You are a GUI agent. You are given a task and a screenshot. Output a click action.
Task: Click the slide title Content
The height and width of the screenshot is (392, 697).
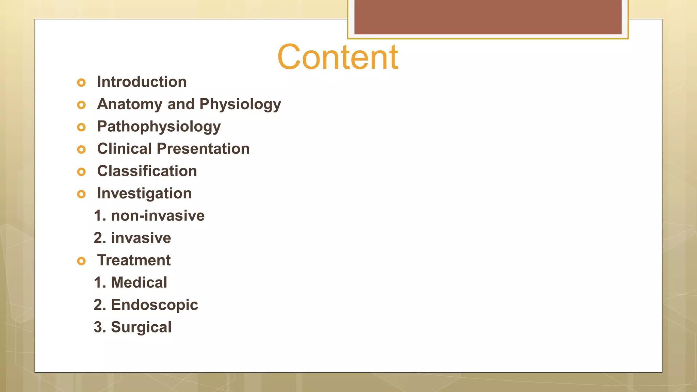(x=338, y=57)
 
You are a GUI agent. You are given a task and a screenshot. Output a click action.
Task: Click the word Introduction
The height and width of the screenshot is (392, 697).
(x=142, y=82)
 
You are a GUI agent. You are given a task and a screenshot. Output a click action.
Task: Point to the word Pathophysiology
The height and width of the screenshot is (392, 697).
(x=159, y=127)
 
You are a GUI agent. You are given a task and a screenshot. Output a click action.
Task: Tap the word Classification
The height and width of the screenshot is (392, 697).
(x=147, y=171)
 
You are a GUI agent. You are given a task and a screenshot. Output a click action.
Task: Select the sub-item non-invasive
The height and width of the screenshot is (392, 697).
(x=158, y=216)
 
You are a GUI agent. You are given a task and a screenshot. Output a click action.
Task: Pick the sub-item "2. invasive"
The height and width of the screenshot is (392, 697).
(x=132, y=238)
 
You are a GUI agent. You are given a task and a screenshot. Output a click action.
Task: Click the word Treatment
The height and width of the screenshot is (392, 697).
(x=134, y=260)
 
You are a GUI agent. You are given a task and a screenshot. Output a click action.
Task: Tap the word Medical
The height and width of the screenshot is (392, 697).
(x=139, y=282)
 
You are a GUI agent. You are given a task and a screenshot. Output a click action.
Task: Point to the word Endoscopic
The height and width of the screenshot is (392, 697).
(x=155, y=305)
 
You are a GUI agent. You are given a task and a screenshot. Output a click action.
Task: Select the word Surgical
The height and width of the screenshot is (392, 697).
(x=141, y=327)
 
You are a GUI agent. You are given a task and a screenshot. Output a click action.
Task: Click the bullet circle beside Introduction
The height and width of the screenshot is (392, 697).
(x=81, y=83)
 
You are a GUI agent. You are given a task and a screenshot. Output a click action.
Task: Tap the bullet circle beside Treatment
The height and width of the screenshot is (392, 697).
(x=81, y=261)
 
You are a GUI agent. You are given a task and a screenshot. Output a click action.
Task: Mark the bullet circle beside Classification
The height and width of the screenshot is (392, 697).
(x=81, y=172)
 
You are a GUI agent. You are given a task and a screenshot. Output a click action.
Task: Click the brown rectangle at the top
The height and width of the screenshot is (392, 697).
(x=488, y=17)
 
